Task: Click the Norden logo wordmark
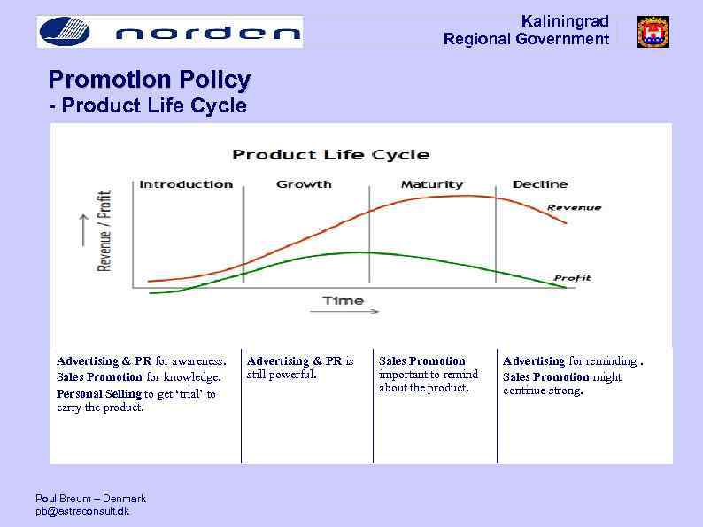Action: pyautogui.click(x=208, y=34)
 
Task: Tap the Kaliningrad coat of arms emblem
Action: pyautogui.click(x=653, y=32)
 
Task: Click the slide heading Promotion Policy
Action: pyautogui.click(x=150, y=80)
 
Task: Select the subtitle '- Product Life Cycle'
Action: pyautogui.click(x=147, y=107)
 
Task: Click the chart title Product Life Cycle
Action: pyautogui.click(x=330, y=155)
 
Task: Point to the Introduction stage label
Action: pyautogui.click(x=186, y=184)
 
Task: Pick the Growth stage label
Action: pyautogui.click(x=304, y=184)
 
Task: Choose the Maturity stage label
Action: pyautogui.click(x=431, y=184)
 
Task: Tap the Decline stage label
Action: pyautogui.click(x=539, y=184)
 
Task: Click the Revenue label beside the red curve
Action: pyautogui.click(x=574, y=207)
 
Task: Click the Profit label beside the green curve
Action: pyautogui.click(x=572, y=278)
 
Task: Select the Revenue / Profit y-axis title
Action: pyautogui.click(x=104, y=230)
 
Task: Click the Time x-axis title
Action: pyautogui.click(x=343, y=300)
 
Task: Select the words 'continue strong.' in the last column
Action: pyautogui.click(x=543, y=391)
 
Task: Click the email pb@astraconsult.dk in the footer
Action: pyautogui.click(x=81, y=512)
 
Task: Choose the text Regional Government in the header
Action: pyautogui.click(x=526, y=39)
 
